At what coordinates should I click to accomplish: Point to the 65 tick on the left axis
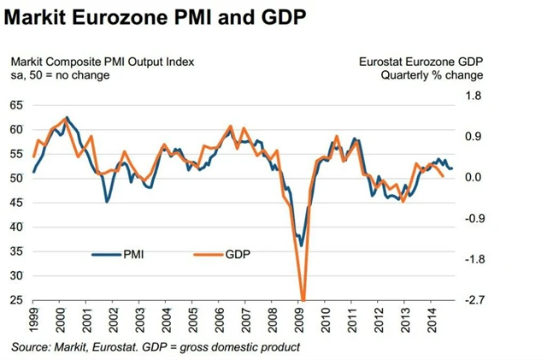(x=16, y=105)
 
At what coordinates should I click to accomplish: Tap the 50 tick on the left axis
(x=16, y=178)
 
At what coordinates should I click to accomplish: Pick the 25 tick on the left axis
(x=16, y=301)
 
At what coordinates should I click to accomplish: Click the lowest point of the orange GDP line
(x=302, y=300)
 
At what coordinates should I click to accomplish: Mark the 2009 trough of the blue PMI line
(x=301, y=245)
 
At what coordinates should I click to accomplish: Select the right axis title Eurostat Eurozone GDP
(x=418, y=61)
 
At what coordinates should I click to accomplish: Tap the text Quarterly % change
(x=432, y=75)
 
